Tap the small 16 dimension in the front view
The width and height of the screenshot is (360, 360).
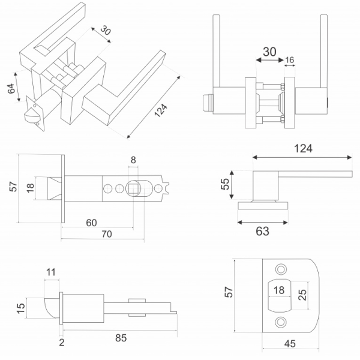click(x=290, y=60)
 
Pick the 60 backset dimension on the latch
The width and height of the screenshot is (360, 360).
click(x=91, y=223)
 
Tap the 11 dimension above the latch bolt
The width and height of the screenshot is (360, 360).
click(x=50, y=272)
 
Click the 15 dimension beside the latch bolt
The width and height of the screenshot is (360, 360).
click(x=21, y=308)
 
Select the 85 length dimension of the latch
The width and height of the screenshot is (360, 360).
click(x=120, y=338)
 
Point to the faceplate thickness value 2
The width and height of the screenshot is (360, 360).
click(x=62, y=342)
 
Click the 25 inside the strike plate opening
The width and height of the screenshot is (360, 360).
click(x=302, y=295)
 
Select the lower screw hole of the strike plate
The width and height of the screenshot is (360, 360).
click(x=280, y=323)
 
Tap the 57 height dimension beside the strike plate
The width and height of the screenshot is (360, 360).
click(x=227, y=292)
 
